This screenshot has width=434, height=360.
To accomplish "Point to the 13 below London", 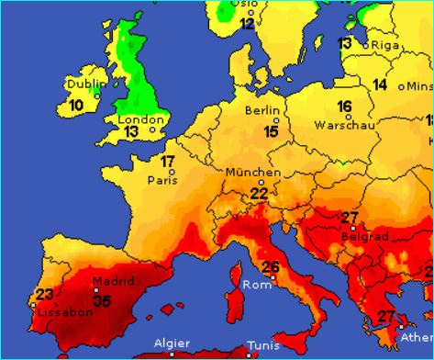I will point(131,132).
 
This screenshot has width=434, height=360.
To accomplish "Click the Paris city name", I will point(161,180).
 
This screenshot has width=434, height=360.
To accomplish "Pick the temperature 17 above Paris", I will point(168,163).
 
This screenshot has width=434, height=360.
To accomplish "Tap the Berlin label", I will point(262,110).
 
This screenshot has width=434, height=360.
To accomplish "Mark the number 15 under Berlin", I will point(272,131).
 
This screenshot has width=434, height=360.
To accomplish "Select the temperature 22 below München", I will point(260,193).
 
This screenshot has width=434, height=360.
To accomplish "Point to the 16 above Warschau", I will point(345,107).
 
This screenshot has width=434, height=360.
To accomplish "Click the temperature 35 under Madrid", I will point(103,300).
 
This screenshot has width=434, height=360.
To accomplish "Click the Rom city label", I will point(253,285).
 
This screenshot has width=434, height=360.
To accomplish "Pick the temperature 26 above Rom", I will point(271,268).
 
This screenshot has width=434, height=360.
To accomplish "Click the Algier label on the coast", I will point(172,343).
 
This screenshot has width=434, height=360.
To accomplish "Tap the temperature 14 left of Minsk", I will point(380,84).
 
